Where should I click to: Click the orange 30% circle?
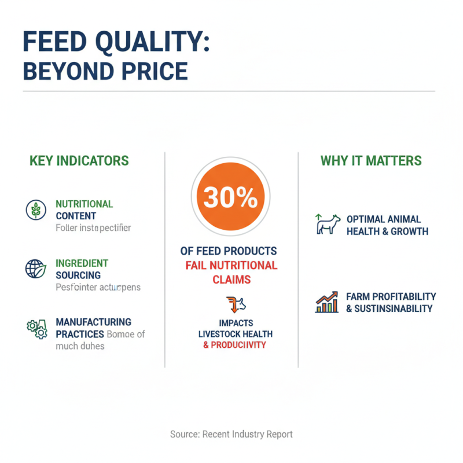(x=231, y=199)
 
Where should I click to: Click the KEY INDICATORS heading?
(x=79, y=160)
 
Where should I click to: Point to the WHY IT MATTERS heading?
(x=371, y=160)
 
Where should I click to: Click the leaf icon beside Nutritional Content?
(x=36, y=210)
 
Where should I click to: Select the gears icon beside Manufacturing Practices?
(x=36, y=328)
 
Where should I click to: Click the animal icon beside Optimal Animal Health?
(x=328, y=225)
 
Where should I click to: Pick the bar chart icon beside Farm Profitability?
(x=327, y=302)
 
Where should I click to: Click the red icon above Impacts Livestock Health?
(x=231, y=303)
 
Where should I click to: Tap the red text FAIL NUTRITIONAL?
(x=231, y=266)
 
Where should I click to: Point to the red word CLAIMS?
(x=231, y=280)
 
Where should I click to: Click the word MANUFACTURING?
(x=93, y=322)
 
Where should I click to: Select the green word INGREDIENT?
(x=82, y=263)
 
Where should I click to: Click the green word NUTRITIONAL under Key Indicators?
(x=84, y=204)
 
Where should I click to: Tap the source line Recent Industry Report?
(x=231, y=434)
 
